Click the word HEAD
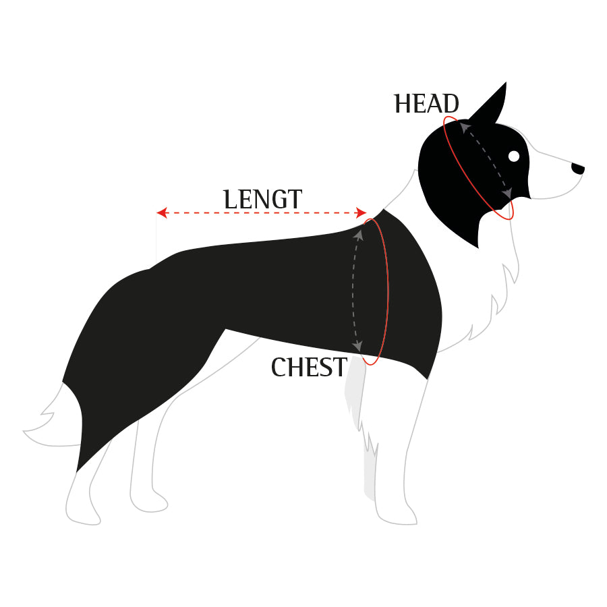click(426, 104)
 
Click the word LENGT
click(262, 200)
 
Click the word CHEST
click(309, 367)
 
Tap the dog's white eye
click(514, 156)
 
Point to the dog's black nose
click(578, 169)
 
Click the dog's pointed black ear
click(490, 104)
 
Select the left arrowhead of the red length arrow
click(161, 212)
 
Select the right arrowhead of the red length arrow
click(362, 212)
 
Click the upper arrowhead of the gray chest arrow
click(359, 234)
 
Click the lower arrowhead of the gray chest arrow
click(357, 346)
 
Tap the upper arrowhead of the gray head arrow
click(465, 127)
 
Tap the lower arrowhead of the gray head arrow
click(507, 193)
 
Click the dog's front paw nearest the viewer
click(397, 516)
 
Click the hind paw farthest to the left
click(83, 517)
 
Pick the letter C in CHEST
click(279, 367)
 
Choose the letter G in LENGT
click(279, 200)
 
